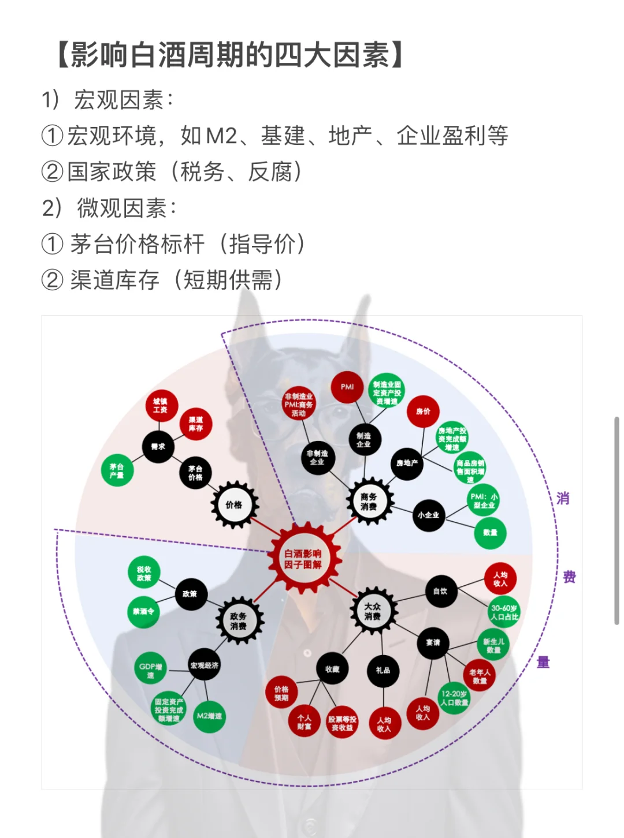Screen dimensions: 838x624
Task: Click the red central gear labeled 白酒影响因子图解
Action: click(x=303, y=559)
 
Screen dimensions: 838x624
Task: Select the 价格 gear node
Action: click(x=234, y=505)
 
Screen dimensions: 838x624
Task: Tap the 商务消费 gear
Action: click(x=369, y=502)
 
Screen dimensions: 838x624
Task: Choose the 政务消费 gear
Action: click(x=239, y=621)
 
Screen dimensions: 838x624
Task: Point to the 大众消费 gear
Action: click(x=373, y=611)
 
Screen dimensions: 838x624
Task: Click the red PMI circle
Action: click(x=347, y=387)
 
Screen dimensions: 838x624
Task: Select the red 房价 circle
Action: click(x=423, y=411)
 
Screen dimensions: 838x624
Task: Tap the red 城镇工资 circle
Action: click(x=161, y=406)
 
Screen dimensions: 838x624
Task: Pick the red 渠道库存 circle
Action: click(x=196, y=424)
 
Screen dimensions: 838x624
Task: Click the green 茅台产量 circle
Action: click(x=117, y=470)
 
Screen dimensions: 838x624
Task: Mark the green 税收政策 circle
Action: click(x=144, y=573)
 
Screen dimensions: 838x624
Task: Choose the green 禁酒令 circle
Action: click(x=143, y=611)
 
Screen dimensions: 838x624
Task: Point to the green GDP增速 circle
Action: click(x=150, y=670)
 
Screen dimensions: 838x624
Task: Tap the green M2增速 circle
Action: click(x=209, y=716)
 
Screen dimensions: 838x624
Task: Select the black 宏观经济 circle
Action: click(x=205, y=665)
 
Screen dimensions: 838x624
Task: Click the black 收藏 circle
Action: click(x=332, y=669)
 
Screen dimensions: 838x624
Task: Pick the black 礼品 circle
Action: click(x=383, y=670)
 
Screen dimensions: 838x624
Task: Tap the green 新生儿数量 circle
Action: click(x=493, y=645)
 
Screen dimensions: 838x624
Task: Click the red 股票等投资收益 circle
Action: click(x=342, y=723)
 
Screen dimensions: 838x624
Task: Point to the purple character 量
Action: click(x=543, y=663)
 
